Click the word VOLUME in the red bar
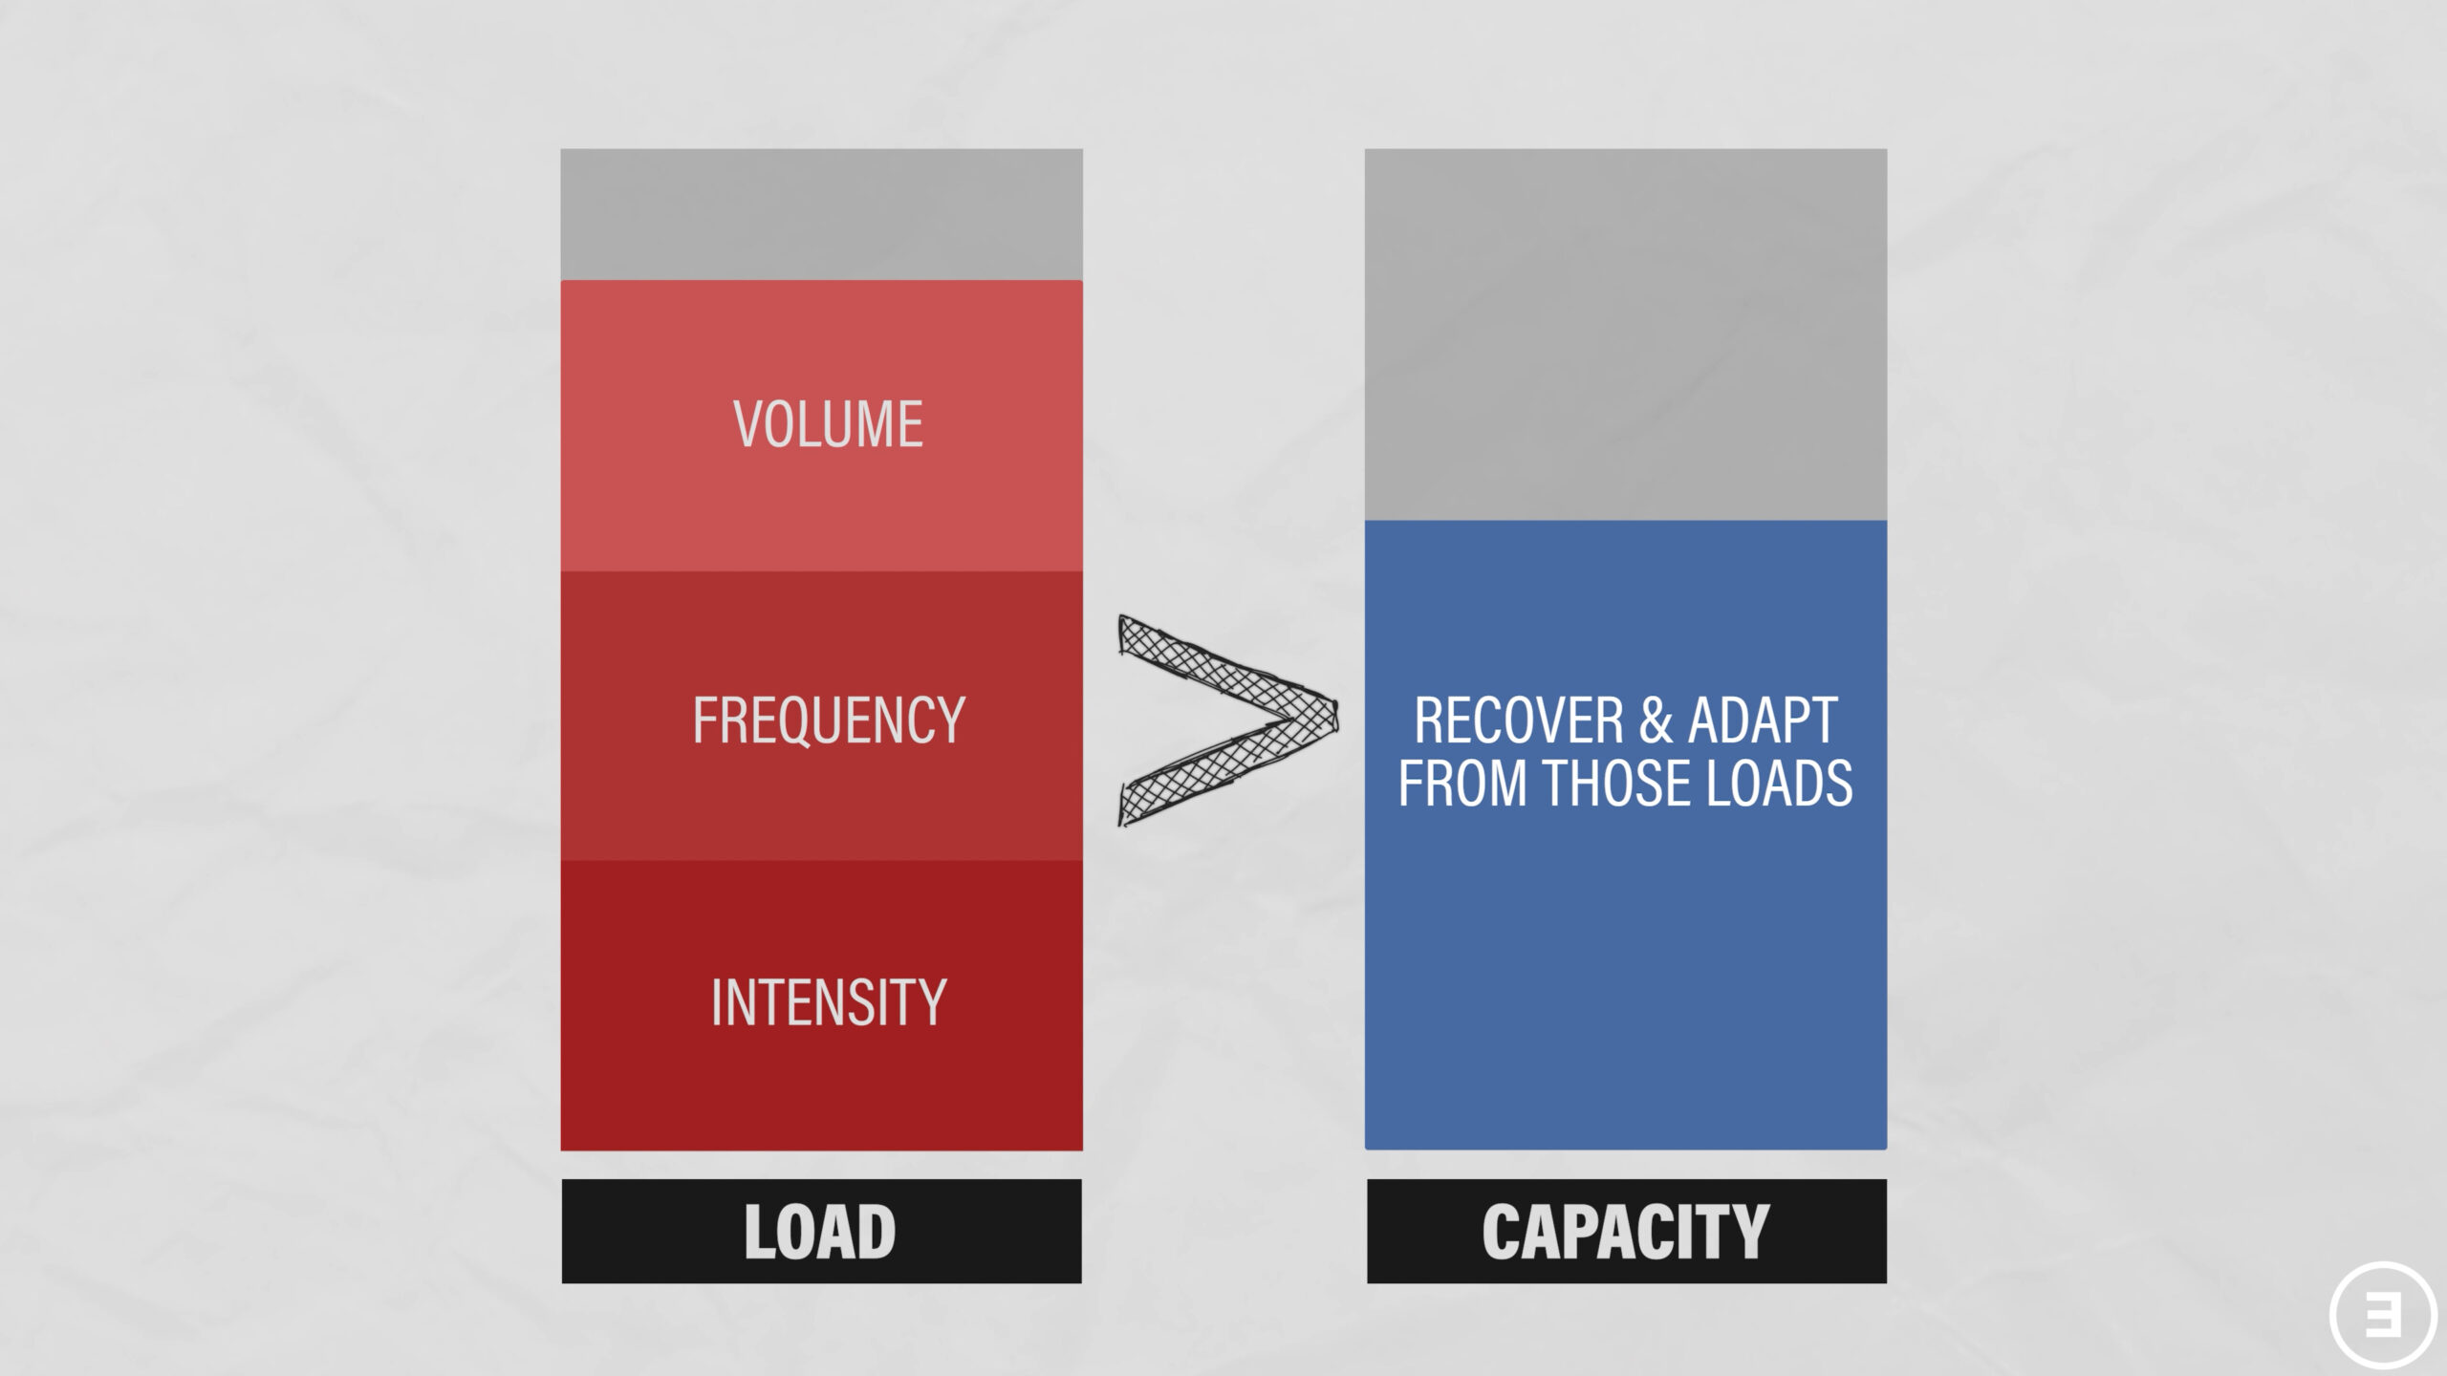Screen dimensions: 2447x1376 [828, 424]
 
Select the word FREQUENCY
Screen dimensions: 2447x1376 [829, 720]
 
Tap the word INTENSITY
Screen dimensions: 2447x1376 [829, 1002]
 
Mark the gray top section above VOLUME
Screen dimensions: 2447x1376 [821, 214]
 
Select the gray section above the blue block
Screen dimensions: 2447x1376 [1626, 334]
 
